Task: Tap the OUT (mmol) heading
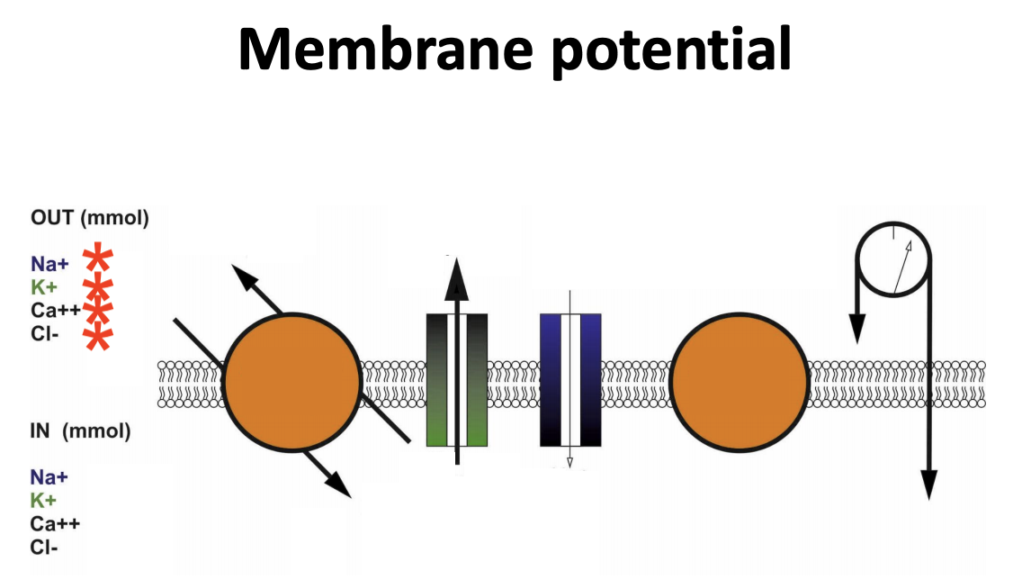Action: pos(89,219)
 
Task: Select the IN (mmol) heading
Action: pos(80,432)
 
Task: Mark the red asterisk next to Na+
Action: pos(98,259)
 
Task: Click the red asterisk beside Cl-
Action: pos(98,338)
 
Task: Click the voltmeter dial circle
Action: pos(893,261)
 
